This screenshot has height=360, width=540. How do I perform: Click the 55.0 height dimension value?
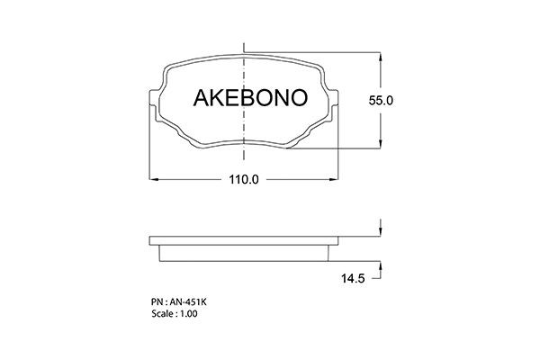click(381, 101)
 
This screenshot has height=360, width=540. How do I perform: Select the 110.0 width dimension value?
click(244, 179)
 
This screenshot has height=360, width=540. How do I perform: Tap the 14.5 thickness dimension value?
click(353, 278)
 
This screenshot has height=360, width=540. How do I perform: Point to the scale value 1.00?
click(189, 314)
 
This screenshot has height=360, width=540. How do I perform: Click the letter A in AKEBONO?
click(201, 97)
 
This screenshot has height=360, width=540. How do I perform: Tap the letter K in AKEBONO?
click(217, 97)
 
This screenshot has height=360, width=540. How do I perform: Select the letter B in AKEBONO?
click(247, 97)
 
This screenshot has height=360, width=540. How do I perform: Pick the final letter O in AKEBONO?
click(299, 97)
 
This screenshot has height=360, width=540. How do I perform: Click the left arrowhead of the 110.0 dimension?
click(154, 179)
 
